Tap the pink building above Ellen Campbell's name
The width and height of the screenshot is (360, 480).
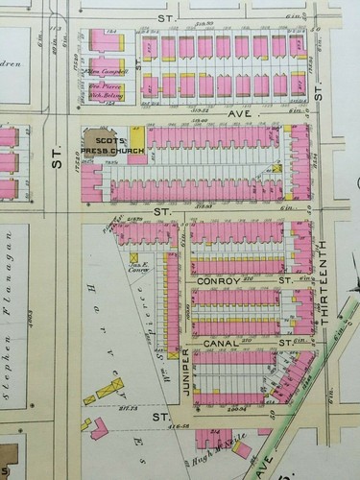[99, 43]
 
